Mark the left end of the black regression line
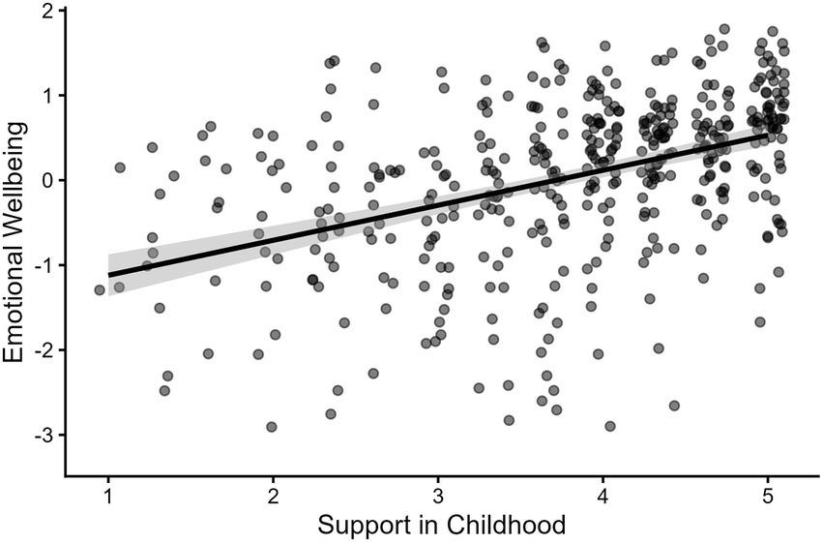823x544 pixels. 108,275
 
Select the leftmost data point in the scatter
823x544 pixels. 100,289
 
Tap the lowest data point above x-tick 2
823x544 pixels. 272,427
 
